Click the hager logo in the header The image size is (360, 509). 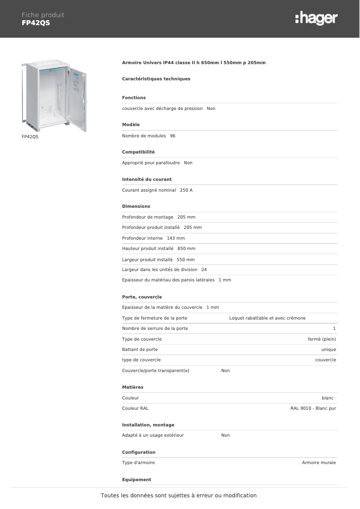[316, 18]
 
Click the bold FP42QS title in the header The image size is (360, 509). [36, 23]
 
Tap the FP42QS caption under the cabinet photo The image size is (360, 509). [30, 136]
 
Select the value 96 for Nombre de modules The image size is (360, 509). [173, 136]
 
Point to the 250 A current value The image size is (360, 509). [186, 190]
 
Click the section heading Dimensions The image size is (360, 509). [136, 206]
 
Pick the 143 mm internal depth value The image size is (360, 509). [176, 238]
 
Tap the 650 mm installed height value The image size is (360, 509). [186, 249]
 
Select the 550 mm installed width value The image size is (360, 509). [186, 260]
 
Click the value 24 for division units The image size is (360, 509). [204, 270]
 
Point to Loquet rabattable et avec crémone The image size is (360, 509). [267, 318]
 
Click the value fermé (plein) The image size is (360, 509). [321, 339]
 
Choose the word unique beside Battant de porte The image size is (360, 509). [329, 350]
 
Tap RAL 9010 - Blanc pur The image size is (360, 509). [313, 408]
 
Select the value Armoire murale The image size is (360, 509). [319, 463]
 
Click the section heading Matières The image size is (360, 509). [133, 387]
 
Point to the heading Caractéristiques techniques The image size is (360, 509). [156, 79]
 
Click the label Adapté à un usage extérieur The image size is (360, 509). [153, 435]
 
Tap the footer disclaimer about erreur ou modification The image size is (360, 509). [179, 496]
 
